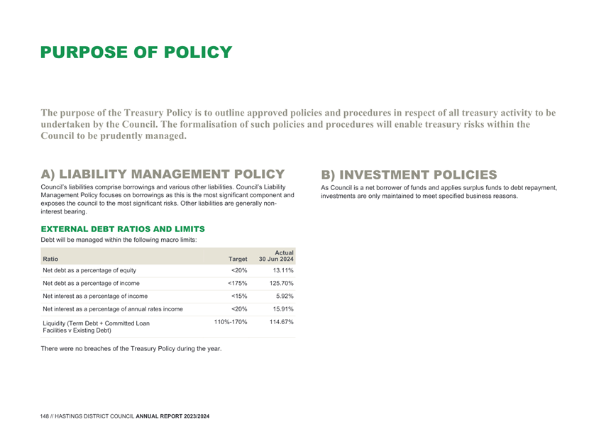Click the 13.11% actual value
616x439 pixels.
click(x=283, y=270)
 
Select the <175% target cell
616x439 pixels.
click(x=238, y=283)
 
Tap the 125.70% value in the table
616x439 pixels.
click(x=281, y=283)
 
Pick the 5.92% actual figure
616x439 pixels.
click(x=285, y=296)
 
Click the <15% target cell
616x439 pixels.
click(x=239, y=296)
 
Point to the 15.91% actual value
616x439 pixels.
click(x=283, y=309)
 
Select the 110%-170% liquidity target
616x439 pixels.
click(x=231, y=322)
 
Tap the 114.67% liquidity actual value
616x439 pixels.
click(x=281, y=322)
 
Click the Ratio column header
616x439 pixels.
click(x=50, y=259)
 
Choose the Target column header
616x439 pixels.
click(x=238, y=259)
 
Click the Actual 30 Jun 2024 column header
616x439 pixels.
click(x=276, y=256)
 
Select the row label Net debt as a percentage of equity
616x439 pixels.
click(x=89, y=270)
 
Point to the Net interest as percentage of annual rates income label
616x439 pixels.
click(x=113, y=309)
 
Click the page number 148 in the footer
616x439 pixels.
click(x=45, y=416)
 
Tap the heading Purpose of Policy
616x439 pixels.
click(x=136, y=52)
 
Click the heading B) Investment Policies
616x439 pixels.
click(x=409, y=174)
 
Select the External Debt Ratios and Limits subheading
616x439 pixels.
click(x=123, y=229)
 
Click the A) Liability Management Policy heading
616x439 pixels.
click(x=163, y=174)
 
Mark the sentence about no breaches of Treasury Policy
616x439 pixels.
click(x=131, y=349)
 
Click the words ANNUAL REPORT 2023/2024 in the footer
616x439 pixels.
click(x=172, y=416)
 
